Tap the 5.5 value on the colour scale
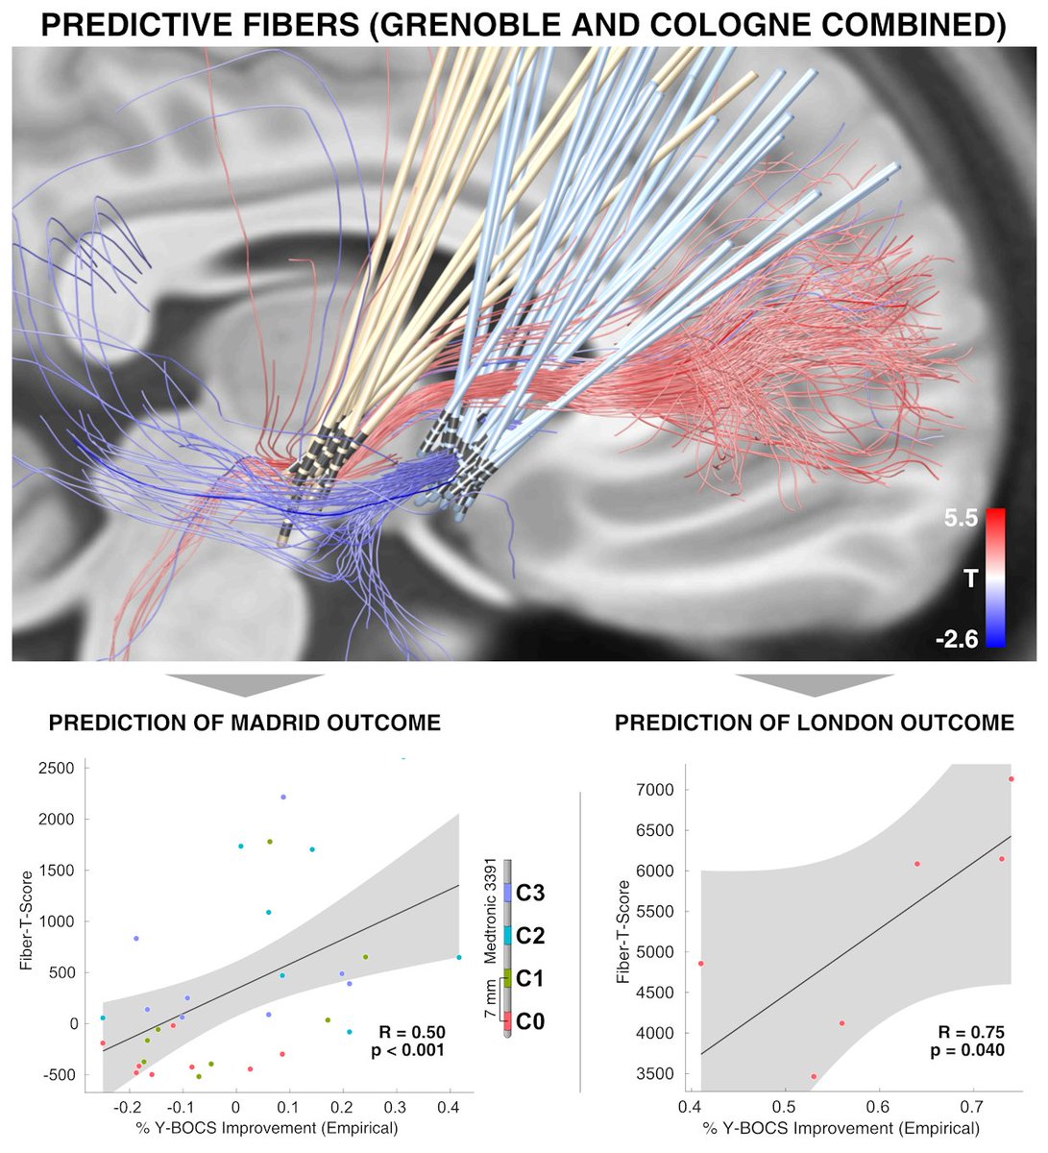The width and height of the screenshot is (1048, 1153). point(961,519)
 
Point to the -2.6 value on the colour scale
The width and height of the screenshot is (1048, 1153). point(957,637)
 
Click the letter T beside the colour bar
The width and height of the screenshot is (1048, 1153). point(970,577)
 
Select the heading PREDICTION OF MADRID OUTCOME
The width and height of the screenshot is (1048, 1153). point(245,723)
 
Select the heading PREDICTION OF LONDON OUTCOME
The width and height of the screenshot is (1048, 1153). point(815,723)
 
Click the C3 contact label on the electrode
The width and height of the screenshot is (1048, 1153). point(530,894)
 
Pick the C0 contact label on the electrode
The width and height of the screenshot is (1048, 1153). point(530,1021)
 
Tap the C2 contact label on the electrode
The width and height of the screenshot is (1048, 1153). point(530,936)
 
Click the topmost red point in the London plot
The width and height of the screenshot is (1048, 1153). point(1011,779)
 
